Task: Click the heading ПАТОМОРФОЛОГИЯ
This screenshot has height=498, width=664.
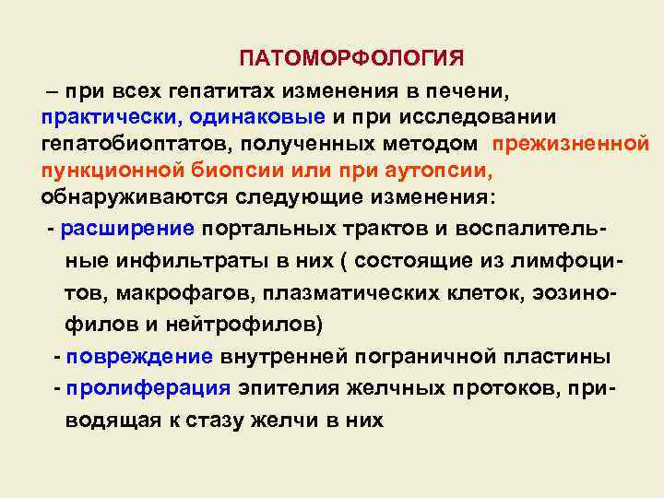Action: [351, 59]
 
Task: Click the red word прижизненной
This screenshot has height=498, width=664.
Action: [571, 145]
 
